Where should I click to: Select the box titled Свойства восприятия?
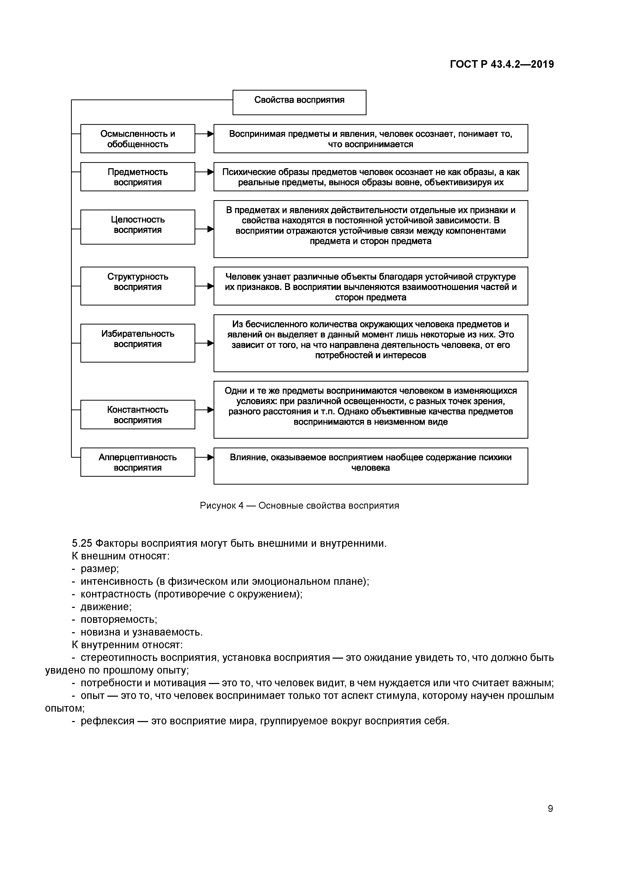click(x=299, y=102)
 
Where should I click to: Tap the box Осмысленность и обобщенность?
click(x=137, y=139)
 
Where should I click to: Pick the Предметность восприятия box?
click(x=137, y=177)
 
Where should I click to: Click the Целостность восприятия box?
click(x=137, y=227)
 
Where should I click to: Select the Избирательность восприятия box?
click(x=137, y=343)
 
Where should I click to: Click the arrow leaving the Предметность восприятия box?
click(x=204, y=172)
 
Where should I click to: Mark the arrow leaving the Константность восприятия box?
click(x=204, y=410)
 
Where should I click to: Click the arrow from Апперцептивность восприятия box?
click(x=204, y=457)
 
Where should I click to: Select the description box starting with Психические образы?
click(x=371, y=177)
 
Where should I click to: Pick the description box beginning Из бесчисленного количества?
click(x=371, y=343)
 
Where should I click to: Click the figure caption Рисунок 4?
click(x=299, y=505)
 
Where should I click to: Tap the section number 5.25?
click(x=82, y=543)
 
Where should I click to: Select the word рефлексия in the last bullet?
click(x=107, y=721)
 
